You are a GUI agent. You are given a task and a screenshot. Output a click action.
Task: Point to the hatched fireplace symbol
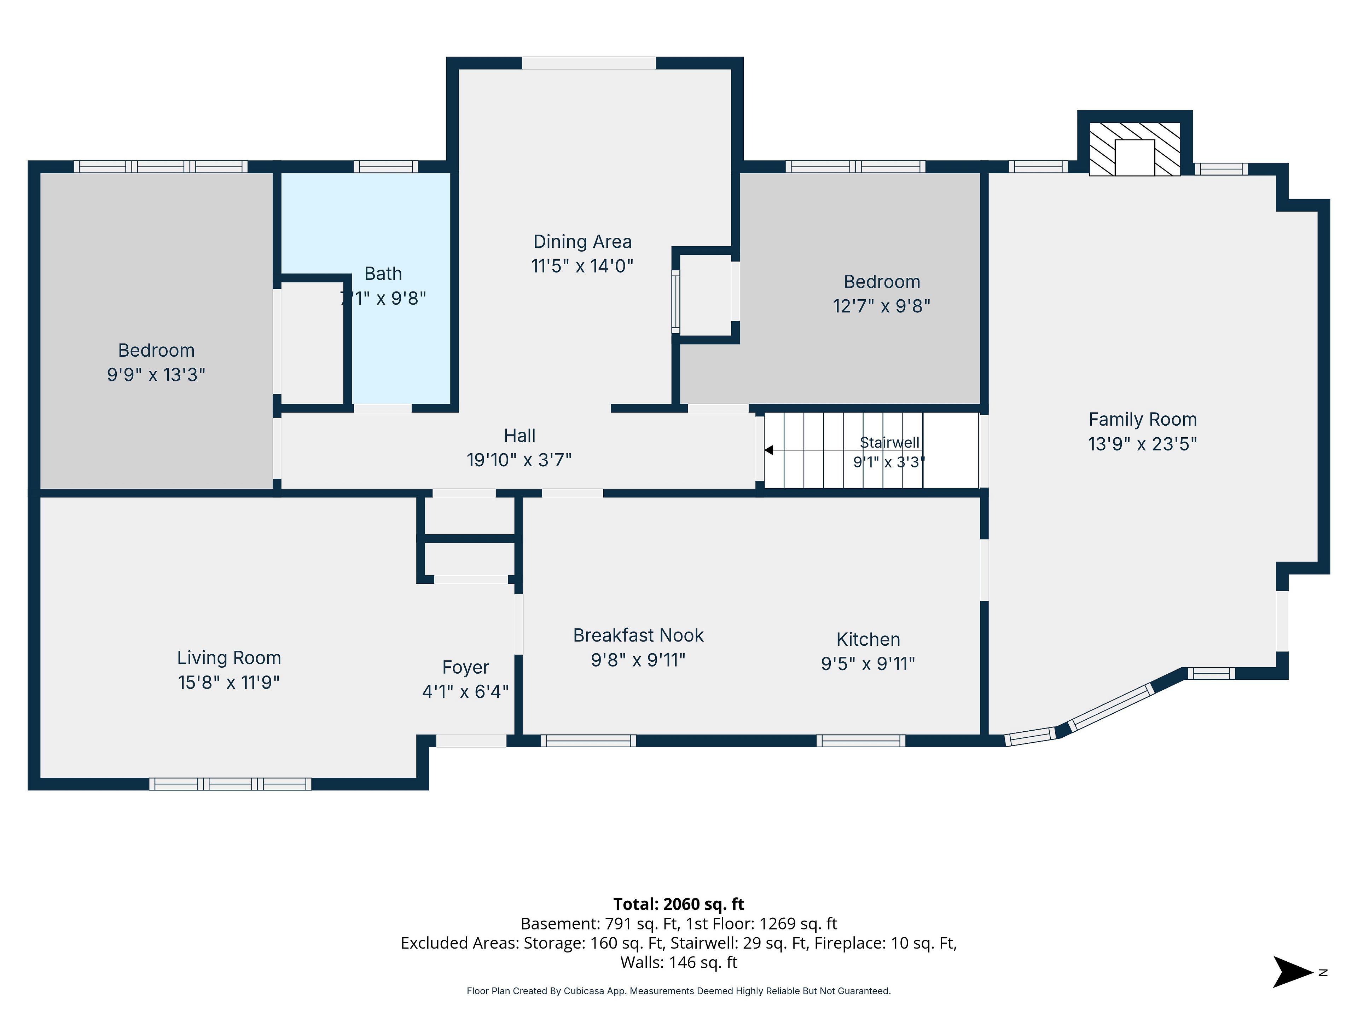[x=1134, y=149]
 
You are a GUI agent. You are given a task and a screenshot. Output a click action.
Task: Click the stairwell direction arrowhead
[x=768, y=450]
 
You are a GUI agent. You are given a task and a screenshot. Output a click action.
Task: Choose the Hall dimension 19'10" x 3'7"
[x=520, y=460]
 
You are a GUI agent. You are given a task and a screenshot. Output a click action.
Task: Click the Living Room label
[x=229, y=658]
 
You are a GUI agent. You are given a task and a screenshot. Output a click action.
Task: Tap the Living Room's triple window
[x=230, y=784]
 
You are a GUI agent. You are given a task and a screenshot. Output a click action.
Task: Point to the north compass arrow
[x=1293, y=972]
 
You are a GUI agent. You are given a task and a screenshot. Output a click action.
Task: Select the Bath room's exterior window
[x=385, y=166]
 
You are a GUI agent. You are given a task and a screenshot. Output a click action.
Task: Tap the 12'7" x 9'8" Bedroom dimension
[x=882, y=306]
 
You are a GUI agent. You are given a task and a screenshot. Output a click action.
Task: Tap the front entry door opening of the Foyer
[x=471, y=741]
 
